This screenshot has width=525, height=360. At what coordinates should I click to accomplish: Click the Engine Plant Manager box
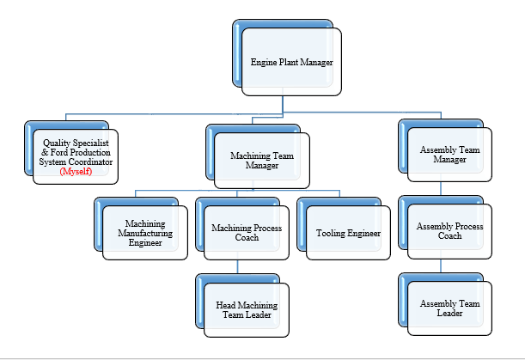(x=291, y=62)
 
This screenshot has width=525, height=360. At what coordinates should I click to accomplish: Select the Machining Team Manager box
(x=261, y=160)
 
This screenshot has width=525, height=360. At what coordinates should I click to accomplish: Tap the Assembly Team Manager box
(x=449, y=155)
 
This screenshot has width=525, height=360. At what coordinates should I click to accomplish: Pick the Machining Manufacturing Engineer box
(x=144, y=232)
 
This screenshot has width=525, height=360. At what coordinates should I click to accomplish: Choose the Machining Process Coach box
(x=247, y=232)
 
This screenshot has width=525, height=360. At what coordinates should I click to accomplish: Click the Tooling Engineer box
(x=348, y=233)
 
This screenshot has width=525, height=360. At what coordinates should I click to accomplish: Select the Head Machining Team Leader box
(x=246, y=309)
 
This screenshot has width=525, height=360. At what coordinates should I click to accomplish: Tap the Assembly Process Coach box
(x=449, y=231)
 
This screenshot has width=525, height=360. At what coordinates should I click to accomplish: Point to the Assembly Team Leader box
(x=449, y=308)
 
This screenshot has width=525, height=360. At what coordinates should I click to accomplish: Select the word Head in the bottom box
(x=226, y=305)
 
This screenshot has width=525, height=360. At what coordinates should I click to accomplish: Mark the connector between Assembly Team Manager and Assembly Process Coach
(x=442, y=190)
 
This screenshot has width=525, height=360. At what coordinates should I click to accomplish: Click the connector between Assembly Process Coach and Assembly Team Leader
(x=442, y=266)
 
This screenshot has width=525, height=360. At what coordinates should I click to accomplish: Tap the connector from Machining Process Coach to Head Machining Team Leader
(x=238, y=267)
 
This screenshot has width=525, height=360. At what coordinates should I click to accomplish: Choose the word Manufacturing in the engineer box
(x=144, y=233)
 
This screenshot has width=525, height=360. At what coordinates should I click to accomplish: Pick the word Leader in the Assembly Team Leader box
(x=449, y=314)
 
